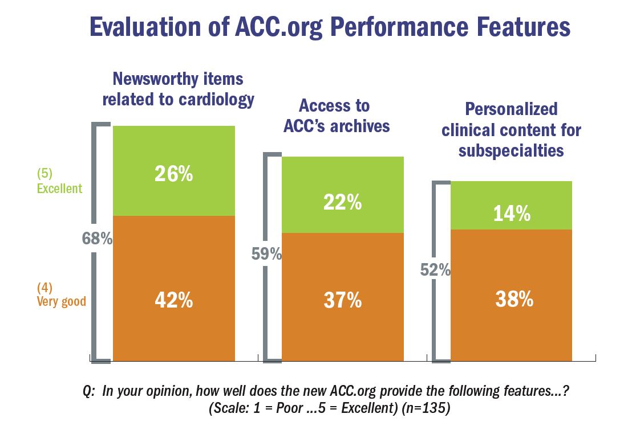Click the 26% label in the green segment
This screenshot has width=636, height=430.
(173, 174)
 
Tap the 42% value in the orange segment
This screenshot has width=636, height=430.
(173, 300)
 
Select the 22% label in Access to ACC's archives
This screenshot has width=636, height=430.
(342, 202)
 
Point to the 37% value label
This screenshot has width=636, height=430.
(342, 300)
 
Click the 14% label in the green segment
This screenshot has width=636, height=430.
(511, 214)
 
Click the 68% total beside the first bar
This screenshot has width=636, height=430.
(98, 239)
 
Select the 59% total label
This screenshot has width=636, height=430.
(267, 254)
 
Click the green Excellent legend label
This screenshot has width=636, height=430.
(59, 189)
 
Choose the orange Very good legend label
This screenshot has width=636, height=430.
(62, 301)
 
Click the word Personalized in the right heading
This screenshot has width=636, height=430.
(511, 109)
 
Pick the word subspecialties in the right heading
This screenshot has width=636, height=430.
(511, 150)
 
